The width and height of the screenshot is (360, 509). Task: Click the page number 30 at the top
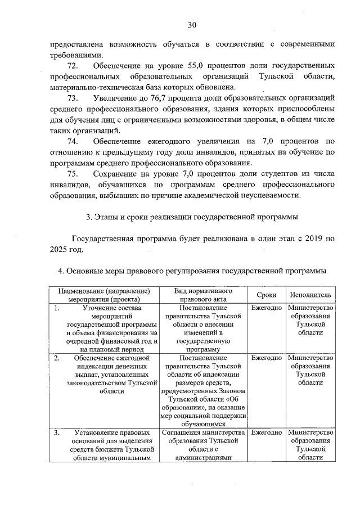[x=192, y=25]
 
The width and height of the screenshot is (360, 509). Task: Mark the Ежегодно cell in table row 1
[x=266, y=308]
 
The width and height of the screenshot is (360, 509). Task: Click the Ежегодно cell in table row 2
[x=266, y=357]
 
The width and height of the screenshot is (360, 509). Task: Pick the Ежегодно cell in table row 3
[x=266, y=433]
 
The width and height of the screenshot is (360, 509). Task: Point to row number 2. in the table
[x=57, y=357]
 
